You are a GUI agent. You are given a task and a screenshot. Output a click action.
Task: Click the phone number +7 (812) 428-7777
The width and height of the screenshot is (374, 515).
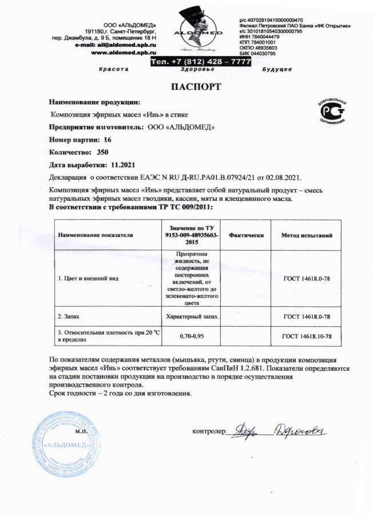[x=200, y=61]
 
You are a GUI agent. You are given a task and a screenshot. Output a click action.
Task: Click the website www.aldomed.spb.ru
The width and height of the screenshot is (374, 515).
[x=124, y=52]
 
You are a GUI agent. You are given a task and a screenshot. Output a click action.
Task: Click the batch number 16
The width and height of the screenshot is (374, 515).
[x=108, y=140]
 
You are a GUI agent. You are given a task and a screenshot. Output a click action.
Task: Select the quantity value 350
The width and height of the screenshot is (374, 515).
[x=103, y=152]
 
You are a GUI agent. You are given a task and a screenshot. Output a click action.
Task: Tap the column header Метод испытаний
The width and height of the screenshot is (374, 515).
[x=307, y=235]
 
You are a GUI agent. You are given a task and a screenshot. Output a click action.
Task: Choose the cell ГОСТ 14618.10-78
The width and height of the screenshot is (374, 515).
[x=307, y=335]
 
